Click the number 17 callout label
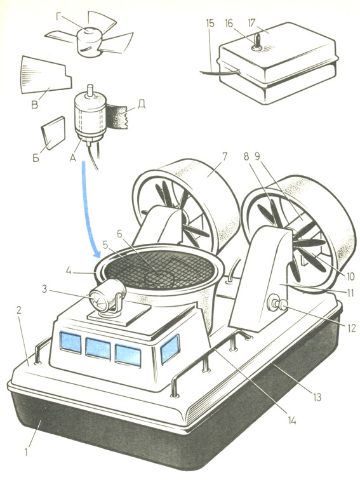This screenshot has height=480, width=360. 251,23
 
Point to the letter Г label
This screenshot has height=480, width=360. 60,17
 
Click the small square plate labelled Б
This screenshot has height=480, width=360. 53,132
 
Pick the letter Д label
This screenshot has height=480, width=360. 141,104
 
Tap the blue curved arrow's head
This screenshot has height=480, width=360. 97,253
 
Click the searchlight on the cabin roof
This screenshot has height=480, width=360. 107,296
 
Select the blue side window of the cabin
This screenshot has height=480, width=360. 170,349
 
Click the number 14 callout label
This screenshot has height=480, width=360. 291,420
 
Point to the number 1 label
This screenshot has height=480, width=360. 27,452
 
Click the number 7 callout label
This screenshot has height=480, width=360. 224,157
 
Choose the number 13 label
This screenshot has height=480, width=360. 317,397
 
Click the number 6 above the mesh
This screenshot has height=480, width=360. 119,234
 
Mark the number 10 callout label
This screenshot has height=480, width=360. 349,276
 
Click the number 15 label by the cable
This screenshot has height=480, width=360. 210,23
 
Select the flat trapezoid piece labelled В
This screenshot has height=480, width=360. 46,75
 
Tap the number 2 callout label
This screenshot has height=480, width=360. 19,310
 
